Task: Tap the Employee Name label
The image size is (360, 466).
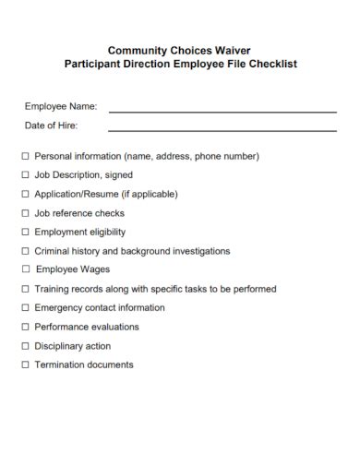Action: tap(61, 107)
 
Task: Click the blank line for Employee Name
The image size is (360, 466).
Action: tap(222, 112)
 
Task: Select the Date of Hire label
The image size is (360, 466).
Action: tap(51, 125)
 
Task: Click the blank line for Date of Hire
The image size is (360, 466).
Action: tap(222, 130)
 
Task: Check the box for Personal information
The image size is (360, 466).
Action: tap(25, 157)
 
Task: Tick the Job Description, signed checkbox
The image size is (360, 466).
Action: tap(25, 175)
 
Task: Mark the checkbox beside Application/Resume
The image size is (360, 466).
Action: tap(25, 195)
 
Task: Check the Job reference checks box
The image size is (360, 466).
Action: tap(25, 213)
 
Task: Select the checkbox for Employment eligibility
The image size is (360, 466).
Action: tap(25, 233)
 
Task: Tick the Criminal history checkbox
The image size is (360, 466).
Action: tap(25, 251)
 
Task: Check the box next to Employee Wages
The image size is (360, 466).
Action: tap(25, 270)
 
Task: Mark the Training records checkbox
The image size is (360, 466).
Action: tap(25, 289)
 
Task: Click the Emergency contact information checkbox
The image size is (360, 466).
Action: tap(25, 308)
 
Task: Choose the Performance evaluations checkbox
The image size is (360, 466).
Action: tap(25, 327)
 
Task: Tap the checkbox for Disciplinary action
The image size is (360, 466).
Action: tap(25, 346)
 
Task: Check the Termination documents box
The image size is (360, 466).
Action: tap(25, 364)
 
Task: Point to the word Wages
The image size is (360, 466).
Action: tap(95, 269)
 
